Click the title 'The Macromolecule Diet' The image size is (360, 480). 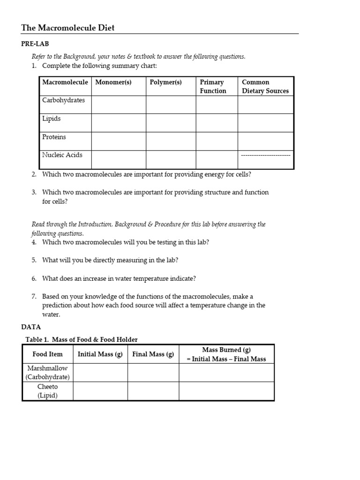(68, 28)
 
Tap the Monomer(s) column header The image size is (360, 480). (113, 82)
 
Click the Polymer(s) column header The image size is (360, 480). (165, 82)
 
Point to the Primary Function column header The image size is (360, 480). (213, 87)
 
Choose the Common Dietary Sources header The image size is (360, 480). (265, 87)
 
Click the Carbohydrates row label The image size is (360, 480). (63, 100)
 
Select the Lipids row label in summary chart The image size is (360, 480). (52, 119)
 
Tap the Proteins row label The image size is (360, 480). (54, 137)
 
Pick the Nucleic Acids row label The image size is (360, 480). (62, 155)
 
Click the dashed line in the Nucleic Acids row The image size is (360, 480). (265, 155)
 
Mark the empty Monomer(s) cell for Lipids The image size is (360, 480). (119, 123)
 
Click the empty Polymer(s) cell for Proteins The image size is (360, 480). (171, 142)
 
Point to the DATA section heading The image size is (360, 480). (31, 327)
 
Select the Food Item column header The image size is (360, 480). (47, 354)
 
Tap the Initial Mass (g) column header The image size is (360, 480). (100, 354)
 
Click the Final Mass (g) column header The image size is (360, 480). (153, 354)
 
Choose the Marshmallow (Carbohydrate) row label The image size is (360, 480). (47, 373)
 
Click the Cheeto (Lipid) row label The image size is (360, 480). (47, 391)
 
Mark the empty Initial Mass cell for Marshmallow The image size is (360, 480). (100, 373)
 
